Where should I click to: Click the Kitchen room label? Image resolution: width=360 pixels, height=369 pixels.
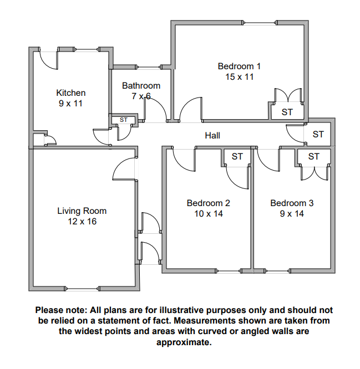tap(71, 93)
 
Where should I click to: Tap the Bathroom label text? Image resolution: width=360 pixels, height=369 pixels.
tap(141, 86)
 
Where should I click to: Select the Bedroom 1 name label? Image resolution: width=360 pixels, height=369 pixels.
tap(239, 66)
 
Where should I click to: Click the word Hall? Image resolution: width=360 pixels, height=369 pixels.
tap(212, 135)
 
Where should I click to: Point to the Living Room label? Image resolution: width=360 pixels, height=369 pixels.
tap(82, 211)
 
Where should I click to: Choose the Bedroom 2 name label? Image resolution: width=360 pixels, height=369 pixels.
tap(209, 203)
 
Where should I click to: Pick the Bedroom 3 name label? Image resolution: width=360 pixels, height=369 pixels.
tap(292, 203)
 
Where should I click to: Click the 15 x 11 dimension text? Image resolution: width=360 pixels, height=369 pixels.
tap(239, 77)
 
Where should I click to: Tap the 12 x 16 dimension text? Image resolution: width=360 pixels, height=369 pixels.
tap(82, 221)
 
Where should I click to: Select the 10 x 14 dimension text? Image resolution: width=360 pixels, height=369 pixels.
tap(209, 213)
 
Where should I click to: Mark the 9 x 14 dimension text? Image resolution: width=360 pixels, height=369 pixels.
tap(292, 213)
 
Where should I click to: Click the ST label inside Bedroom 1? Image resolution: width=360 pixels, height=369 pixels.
tap(287, 112)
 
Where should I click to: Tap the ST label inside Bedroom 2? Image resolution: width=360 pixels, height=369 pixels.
tap(237, 156)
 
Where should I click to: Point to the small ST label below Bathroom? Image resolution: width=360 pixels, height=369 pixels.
tap(123, 120)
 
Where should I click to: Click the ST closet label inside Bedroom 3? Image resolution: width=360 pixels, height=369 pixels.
tap(313, 156)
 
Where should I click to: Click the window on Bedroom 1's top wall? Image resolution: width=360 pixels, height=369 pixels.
tap(260, 23)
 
